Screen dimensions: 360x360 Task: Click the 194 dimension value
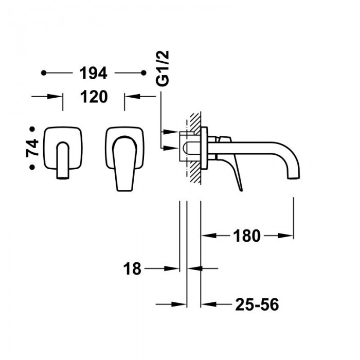[x=93, y=73]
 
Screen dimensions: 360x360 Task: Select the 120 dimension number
[x=94, y=97]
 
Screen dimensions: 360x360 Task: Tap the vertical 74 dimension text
[x=32, y=148]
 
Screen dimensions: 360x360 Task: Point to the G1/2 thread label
[x=163, y=68]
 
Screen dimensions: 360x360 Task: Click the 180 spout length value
[x=247, y=236]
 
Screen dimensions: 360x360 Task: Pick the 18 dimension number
[x=132, y=269]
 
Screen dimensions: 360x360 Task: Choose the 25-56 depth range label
[x=257, y=304]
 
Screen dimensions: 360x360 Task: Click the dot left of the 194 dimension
[x=44, y=73]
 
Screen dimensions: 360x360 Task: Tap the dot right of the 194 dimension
[x=143, y=73]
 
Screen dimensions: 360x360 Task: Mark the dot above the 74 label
[x=32, y=129]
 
